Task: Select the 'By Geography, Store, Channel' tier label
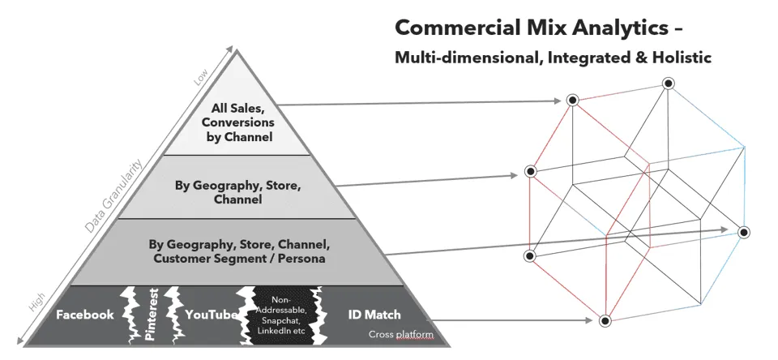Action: pyautogui.click(x=238, y=192)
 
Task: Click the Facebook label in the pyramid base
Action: pyautogui.click(x=84, y=315)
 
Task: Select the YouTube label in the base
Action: pyautogui.click(x=210, y=315)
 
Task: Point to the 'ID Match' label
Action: pyautogui.click(x=374, y=315)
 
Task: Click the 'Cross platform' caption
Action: pyautogui.click(x=400, y=335)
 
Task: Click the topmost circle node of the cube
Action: pyautogui.click(x=667, y=83)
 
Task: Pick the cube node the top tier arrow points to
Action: pyautogui.click(x=572, y=101)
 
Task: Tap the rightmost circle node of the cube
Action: pyautogui.click(x=743, y=232)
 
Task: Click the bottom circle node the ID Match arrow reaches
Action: pyautogui.click(x=605, y=321)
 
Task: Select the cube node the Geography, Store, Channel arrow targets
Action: pyautogui.click(x=530, y=172)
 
